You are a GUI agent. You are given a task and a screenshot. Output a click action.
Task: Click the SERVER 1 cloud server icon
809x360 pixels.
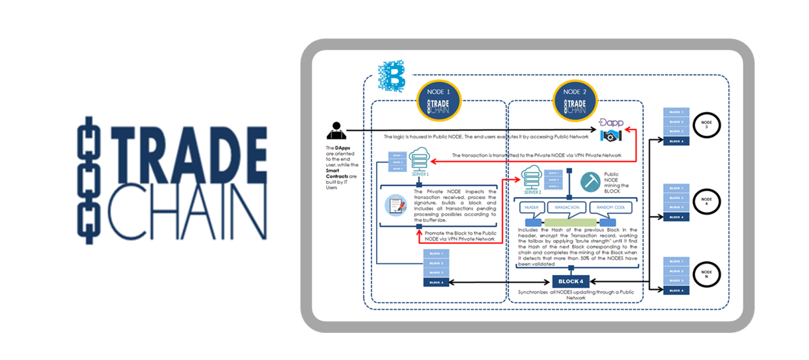pos(419,162)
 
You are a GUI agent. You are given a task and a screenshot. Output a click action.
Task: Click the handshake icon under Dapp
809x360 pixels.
pos(611,137)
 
